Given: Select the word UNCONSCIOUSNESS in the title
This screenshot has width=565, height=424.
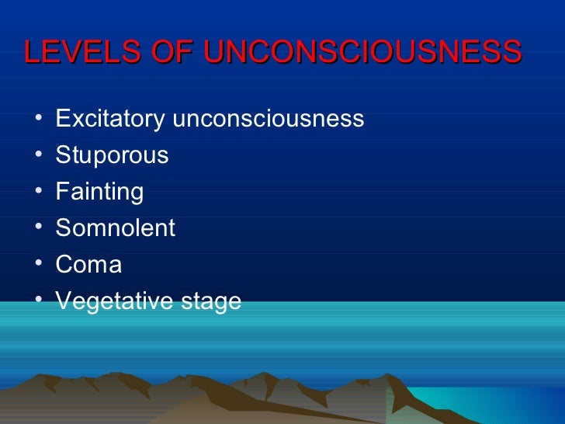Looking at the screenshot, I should (x=362, y=52).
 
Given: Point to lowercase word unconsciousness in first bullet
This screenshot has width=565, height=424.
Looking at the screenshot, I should (x=268, y=119).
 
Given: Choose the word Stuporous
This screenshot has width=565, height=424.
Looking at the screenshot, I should (x=112, y=155).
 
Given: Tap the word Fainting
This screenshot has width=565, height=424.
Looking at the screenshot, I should (x=99, y=192).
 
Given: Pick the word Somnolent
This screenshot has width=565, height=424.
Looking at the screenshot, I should (x=116, y=228).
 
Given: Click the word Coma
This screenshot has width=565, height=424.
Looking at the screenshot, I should (x=88, y=265).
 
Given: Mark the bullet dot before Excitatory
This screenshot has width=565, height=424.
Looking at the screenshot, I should (x=38, y=120).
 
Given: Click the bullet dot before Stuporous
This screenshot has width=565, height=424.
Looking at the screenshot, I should (x=38, y=156).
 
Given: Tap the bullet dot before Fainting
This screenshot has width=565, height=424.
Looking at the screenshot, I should (x=38, y=193).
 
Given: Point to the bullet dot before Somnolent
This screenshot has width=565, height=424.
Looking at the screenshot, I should (x=38, y=229).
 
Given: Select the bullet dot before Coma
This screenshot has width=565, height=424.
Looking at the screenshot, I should (x=38, y=266).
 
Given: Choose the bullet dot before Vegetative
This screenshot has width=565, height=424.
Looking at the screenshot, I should (x=38, y=302).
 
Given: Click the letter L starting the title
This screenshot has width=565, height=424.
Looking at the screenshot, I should (x=33, y=52).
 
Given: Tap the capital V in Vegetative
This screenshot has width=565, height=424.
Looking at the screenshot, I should (x=63, y=301).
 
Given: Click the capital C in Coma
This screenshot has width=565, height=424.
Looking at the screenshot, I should (x=64, y=265).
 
